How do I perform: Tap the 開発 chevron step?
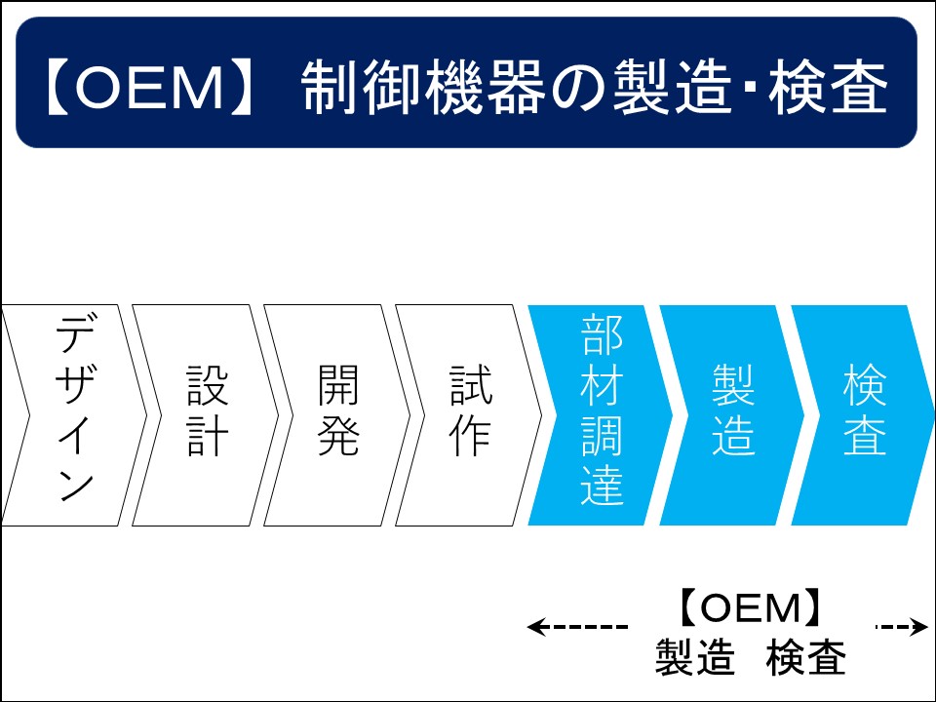click(x=338, y=415)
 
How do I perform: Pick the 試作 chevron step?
click(x=470, y=415)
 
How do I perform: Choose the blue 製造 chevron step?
click(x=733, y=415)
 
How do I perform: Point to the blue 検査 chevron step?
click(x=864, y=415)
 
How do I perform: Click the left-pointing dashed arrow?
click(x=577, y=627)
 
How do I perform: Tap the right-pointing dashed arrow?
click(x=902, y=627)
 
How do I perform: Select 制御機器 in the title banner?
click(x=423, y=87)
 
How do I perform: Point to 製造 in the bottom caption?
click(x=695, y=657)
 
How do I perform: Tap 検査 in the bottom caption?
click(x=806, y=657)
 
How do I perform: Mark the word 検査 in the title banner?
click(x=828, y=87)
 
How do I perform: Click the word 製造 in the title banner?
click(x=673, y=87)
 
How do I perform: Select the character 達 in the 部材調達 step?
click(x=602, y=484)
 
